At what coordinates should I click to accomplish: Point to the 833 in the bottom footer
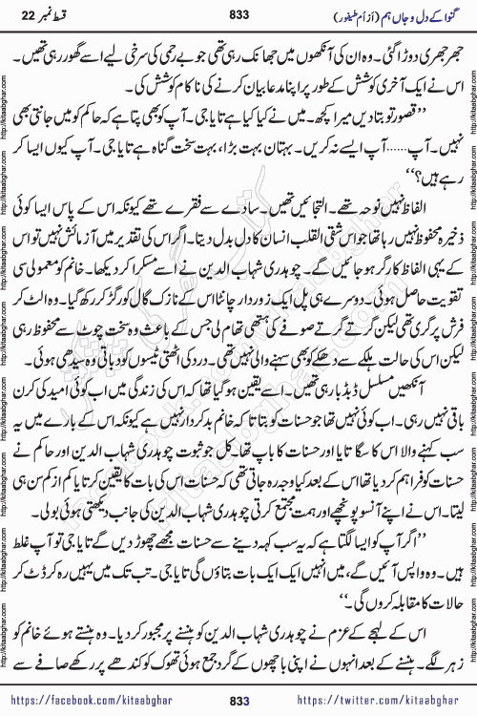point(239,701)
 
